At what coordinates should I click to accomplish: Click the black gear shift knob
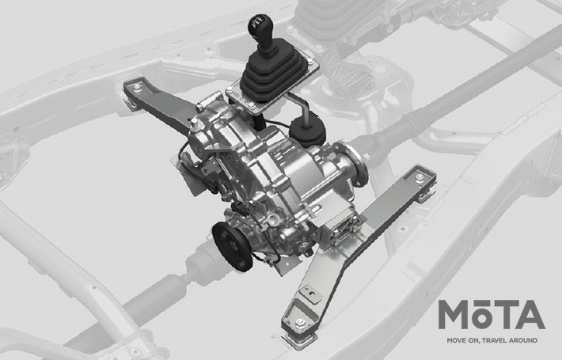(x=260, y=29)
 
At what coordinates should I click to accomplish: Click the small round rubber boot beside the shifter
(x=308, y=130)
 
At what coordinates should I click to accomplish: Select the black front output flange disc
(x=232, y=246)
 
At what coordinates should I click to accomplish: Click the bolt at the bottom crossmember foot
(x=300, y=323)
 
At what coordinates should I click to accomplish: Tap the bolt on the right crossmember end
(x=420, y=178)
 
